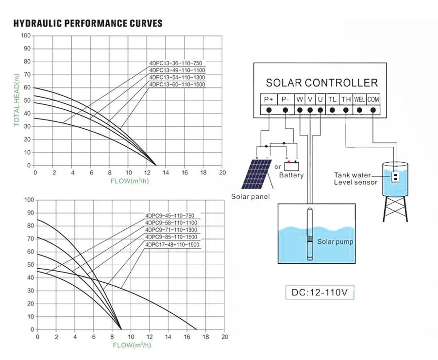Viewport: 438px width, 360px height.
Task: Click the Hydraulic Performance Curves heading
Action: point(88,23)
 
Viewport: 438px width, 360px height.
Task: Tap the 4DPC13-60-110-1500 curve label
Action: point(177,85)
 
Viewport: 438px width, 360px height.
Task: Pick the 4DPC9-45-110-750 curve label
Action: point(170,216)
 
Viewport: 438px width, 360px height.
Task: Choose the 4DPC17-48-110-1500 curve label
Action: point(172,245)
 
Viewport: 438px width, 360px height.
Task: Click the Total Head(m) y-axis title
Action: point(17,101)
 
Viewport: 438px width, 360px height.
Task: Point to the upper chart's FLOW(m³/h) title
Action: point(129,181)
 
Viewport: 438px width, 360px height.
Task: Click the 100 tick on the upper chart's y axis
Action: point(26,36)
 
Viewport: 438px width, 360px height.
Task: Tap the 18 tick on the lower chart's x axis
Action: point(206,337)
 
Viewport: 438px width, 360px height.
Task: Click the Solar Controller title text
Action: point(321,83)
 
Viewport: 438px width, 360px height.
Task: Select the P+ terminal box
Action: point(269,100)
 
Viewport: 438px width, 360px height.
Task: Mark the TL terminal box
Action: point(332,100)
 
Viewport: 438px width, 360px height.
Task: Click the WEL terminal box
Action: point(359,100)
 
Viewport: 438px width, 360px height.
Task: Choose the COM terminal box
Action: point(373,100)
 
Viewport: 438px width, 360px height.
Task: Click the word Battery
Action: point(291,175)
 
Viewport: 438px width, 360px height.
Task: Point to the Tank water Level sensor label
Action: point(355,178)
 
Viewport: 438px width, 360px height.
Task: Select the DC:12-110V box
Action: point(320,293)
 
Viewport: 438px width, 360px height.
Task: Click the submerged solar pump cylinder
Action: point(310,235)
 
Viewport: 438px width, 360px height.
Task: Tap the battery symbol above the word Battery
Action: point(292,165)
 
